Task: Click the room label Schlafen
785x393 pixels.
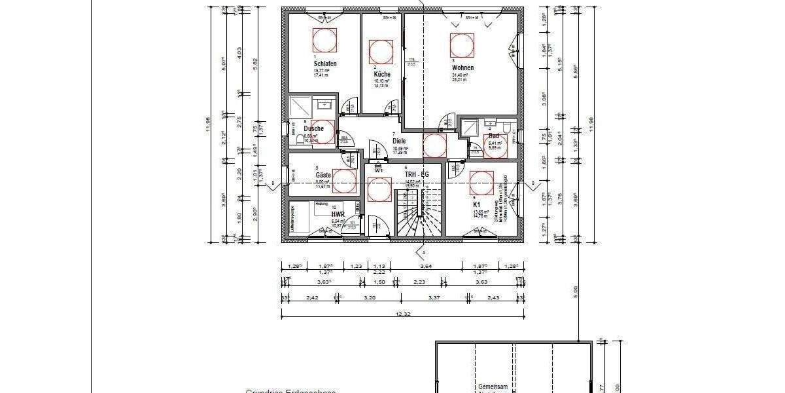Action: (325, 64)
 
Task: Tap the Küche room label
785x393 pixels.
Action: (382, 74)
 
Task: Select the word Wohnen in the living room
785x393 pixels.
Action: (462, 67)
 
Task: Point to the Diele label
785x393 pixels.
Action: (399, 141)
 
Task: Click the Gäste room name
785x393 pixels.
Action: (323, 176)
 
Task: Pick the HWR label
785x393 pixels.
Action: (338, 214)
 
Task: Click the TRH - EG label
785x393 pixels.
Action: (416, 175)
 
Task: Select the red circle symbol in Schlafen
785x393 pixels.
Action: (325, 41)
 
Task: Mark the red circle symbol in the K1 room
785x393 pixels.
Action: (481, 183)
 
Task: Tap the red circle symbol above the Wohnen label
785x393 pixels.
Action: (462, 45)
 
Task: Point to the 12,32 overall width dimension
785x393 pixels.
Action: (403, 314)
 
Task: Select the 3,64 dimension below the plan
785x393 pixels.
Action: (425, 266)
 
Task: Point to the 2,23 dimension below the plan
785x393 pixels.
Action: (420, 282)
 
